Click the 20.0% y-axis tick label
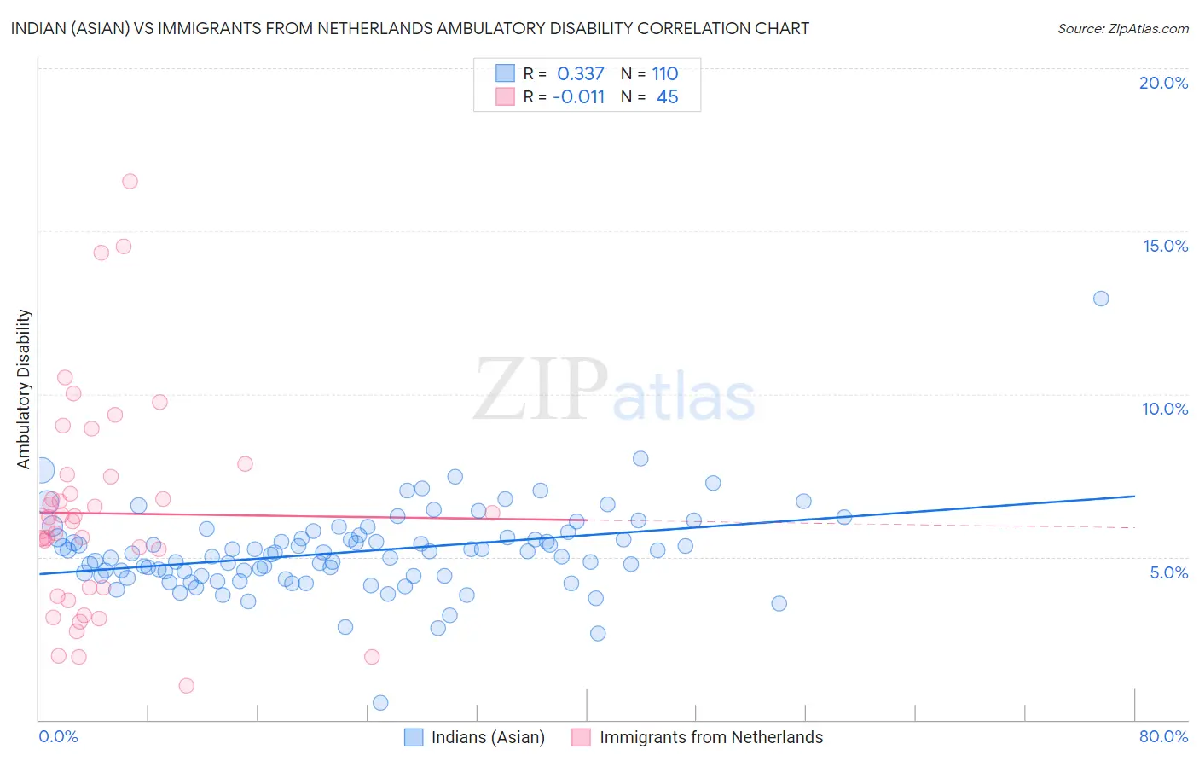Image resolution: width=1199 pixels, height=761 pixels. click(x=1163, y=83)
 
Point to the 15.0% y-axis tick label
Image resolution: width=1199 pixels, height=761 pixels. click(x=1165, y=246)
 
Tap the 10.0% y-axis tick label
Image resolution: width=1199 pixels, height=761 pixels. click(x=1165, y=409)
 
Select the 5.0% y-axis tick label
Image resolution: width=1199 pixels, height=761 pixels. click(x=1168, y=572)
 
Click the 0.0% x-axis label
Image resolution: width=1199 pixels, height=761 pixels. click(x=58, y=736)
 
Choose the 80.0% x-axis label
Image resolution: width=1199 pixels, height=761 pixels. click(x=1163, y=736)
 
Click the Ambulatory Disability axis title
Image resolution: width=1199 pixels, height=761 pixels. click(x=24, y=389)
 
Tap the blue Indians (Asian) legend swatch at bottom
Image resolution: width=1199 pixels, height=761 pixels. click(x=414, y=737)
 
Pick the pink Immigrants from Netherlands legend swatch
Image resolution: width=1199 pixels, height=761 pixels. click(x=581, y=737)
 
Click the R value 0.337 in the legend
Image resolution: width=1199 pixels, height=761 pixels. click(x=580, y=74)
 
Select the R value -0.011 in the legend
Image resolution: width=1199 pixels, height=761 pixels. click(x=578, y=97)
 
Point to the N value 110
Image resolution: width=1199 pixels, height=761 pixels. click(x=664, y=74)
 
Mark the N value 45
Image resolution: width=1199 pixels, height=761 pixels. click(x=667, y=97)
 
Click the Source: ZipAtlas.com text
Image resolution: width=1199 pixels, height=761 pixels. click(x=1122, y=28)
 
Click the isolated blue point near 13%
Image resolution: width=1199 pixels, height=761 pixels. click(x=1101, y=299)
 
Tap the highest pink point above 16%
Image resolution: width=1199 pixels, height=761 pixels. click(x=130, y=181)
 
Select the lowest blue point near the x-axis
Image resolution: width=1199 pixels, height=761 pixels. click(x=380, y=703)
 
